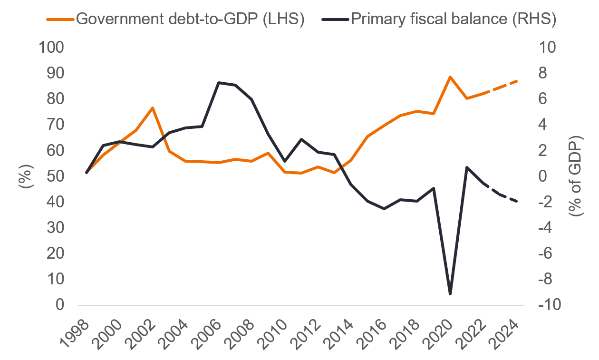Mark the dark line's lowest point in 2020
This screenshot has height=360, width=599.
pos(450,294)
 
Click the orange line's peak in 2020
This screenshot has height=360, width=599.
pos(450,77)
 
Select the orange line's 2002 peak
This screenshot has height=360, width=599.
pos(153,108)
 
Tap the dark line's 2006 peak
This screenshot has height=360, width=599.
pos(219,83)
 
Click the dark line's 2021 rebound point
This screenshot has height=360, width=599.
pos(467,167)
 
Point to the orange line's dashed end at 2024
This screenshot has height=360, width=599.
pos(517,81)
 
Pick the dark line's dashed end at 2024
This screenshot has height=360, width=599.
pos(517,202)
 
